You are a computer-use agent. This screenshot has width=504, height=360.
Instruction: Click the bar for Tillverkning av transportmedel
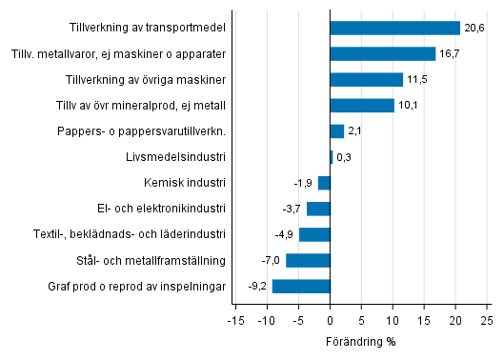(394, 29)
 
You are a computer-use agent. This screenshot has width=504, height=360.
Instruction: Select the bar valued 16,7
(382, 54)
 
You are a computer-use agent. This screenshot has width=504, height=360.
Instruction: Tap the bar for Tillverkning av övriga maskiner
(366, 80)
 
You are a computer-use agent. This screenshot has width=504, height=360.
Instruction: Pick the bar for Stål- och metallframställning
(308, 260)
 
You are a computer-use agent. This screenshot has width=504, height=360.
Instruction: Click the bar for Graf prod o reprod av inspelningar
(301, 286)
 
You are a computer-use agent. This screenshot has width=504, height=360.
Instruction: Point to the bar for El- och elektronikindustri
(318, 209)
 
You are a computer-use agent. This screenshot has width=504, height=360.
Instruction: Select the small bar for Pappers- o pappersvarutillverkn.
(336, 131)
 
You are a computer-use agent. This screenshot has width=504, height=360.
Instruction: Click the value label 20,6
(474, 29)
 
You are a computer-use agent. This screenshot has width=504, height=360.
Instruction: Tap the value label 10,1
(408, 106)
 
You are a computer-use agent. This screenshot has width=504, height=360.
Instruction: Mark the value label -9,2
(258, 286)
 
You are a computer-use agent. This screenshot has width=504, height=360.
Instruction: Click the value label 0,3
(344, 157)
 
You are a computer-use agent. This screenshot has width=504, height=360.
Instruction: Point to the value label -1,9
(304, 183)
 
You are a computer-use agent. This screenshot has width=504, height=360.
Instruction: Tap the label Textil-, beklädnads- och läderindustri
(131, 234)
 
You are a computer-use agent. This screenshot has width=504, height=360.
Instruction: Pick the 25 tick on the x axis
(486, 320)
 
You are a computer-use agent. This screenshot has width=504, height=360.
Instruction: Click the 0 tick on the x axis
(330, 320)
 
